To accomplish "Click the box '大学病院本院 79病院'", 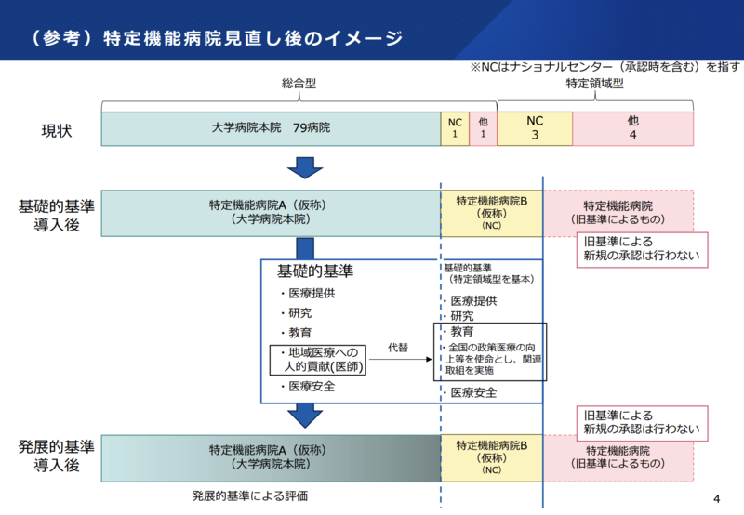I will coord(270,128).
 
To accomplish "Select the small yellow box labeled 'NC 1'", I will coord(454,128).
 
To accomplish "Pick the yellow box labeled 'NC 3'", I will coord(535,128).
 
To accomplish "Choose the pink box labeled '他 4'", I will coord(632,128).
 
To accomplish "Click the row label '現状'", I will coord(56,129).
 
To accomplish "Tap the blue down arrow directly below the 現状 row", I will coord(304,166).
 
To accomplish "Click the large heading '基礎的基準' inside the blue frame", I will coord(315,271).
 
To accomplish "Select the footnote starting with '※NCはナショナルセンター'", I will coord(604,66).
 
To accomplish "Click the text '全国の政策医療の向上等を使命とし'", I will coord(490,358).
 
